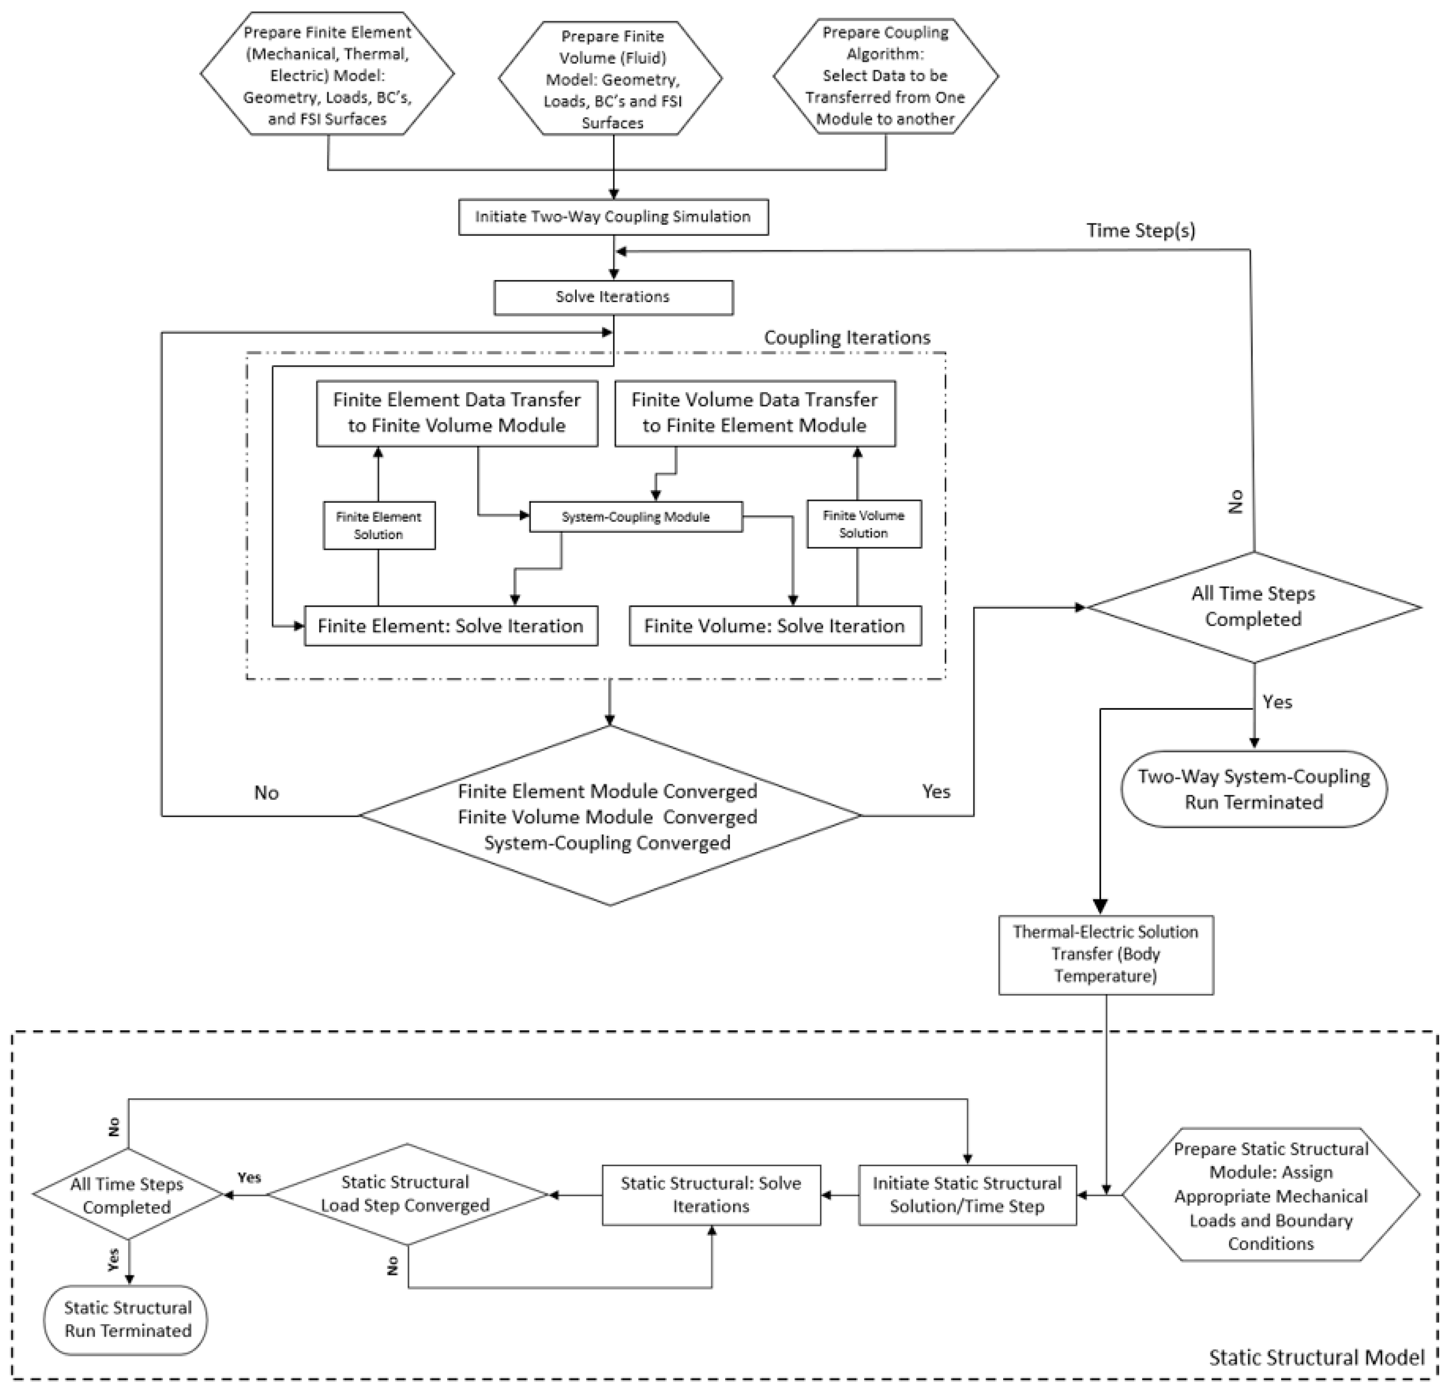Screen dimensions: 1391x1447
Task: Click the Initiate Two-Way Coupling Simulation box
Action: [x=613, y=217]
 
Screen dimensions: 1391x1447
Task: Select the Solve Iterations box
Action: [x=613, y=297]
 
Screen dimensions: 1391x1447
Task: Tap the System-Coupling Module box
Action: [x=636, y=517]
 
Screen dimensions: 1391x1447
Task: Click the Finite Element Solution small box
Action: [x=379, y=526]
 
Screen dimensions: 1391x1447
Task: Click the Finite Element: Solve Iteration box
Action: [x=450, y=626]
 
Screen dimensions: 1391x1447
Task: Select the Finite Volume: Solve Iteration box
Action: [x=775, y=626]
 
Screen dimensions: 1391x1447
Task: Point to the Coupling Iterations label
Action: [x=847, y=337]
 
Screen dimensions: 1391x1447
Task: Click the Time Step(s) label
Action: [x=1140, y=230]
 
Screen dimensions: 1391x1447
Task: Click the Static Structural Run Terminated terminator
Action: [x=127, y=1319]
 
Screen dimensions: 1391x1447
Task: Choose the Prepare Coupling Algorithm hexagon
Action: [x=885, y=76]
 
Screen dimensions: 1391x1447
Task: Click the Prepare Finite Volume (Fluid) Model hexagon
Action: [x=612, y=79]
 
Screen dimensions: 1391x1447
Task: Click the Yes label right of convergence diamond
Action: [x=935, y=791]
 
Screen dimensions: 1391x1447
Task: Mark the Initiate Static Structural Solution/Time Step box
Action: [x=966, y=1195]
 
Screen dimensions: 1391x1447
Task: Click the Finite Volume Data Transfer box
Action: [x=755, y=413]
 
